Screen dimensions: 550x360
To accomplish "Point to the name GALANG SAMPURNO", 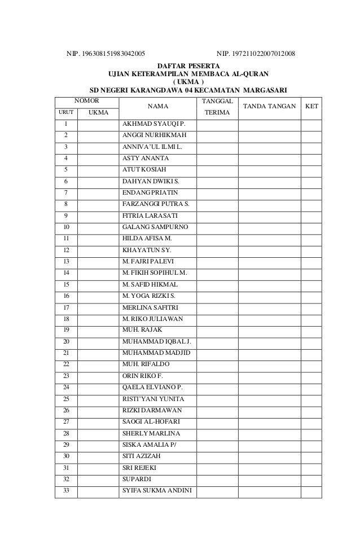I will coord(156,227).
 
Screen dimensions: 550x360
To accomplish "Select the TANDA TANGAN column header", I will coord(269,105).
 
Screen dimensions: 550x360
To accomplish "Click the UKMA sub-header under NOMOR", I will coord(98,113).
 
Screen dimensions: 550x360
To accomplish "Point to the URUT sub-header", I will coord(66,113).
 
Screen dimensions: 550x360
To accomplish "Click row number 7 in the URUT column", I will coord(66,192).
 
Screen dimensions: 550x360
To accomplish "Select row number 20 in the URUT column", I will coord(66,341).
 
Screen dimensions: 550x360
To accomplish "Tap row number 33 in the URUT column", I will coord(66,490).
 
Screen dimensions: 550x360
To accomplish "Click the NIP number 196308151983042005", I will coord(106,54).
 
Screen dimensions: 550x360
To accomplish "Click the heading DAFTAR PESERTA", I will coord(188,65).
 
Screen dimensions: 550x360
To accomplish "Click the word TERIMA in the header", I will coord(213,113).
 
